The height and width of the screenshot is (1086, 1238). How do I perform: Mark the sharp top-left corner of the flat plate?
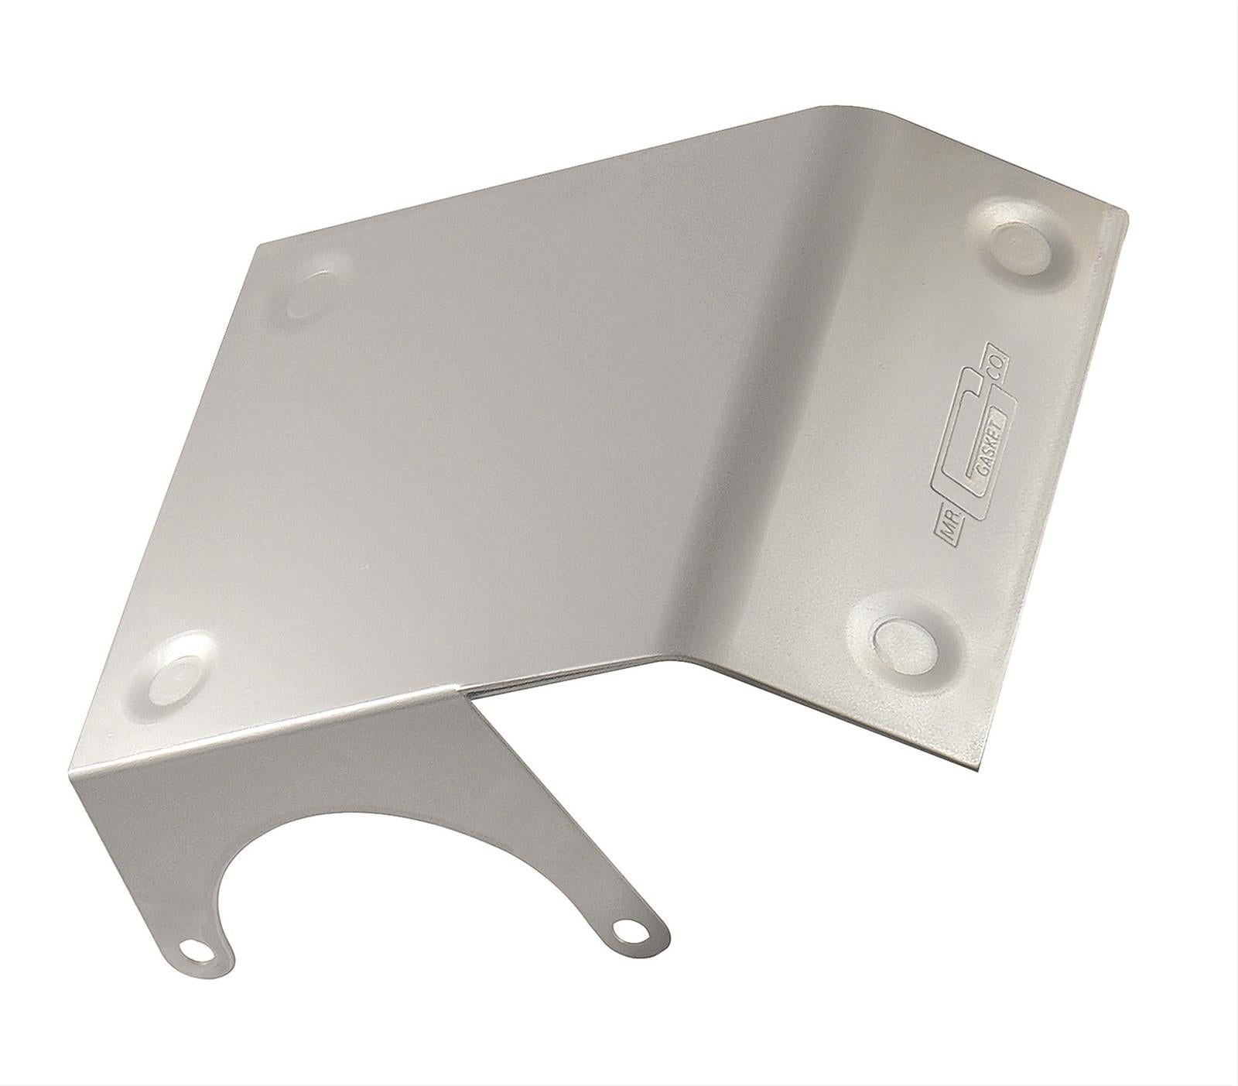click(261, 245)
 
